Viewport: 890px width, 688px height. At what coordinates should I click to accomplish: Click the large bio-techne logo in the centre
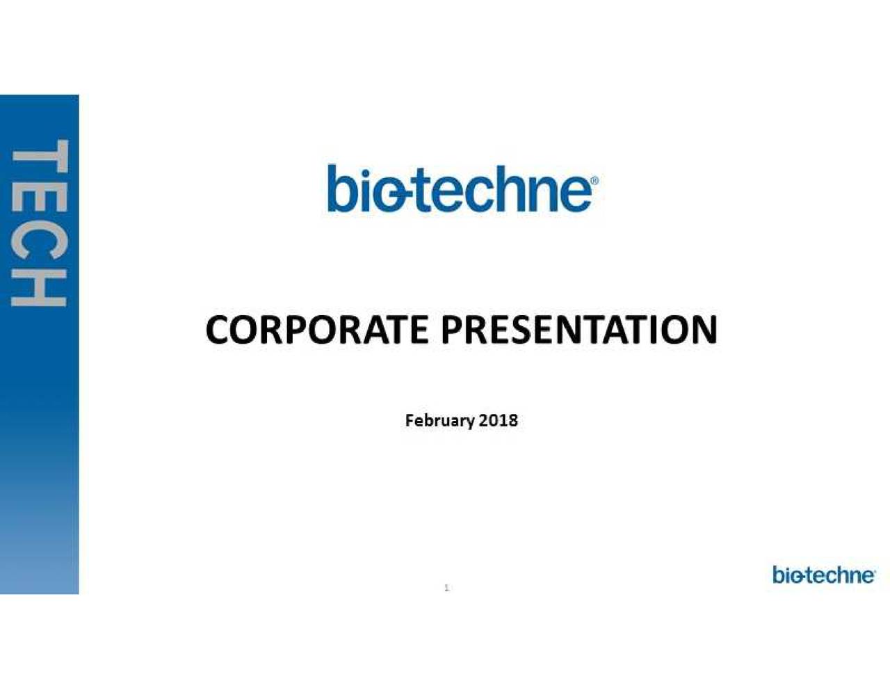pos(463,189)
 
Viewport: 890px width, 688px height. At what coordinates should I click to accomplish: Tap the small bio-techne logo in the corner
pos(824,575)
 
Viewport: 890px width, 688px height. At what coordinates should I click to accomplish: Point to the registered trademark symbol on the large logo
pos(595,181)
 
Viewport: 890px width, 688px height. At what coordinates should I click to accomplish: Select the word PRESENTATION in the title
pos(579,330)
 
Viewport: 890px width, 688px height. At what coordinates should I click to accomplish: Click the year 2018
pos(498,420)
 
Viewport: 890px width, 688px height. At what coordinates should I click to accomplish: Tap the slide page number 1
pos(446,589)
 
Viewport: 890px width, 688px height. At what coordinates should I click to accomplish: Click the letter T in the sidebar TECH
pos(40,156)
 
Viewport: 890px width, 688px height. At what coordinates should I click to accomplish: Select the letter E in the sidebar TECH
pos(40,195)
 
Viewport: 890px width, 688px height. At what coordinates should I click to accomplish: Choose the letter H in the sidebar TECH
pos(40,288)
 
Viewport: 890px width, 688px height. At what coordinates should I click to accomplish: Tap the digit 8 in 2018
pos(512,420)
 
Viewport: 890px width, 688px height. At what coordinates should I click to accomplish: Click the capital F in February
pos(410,420)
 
